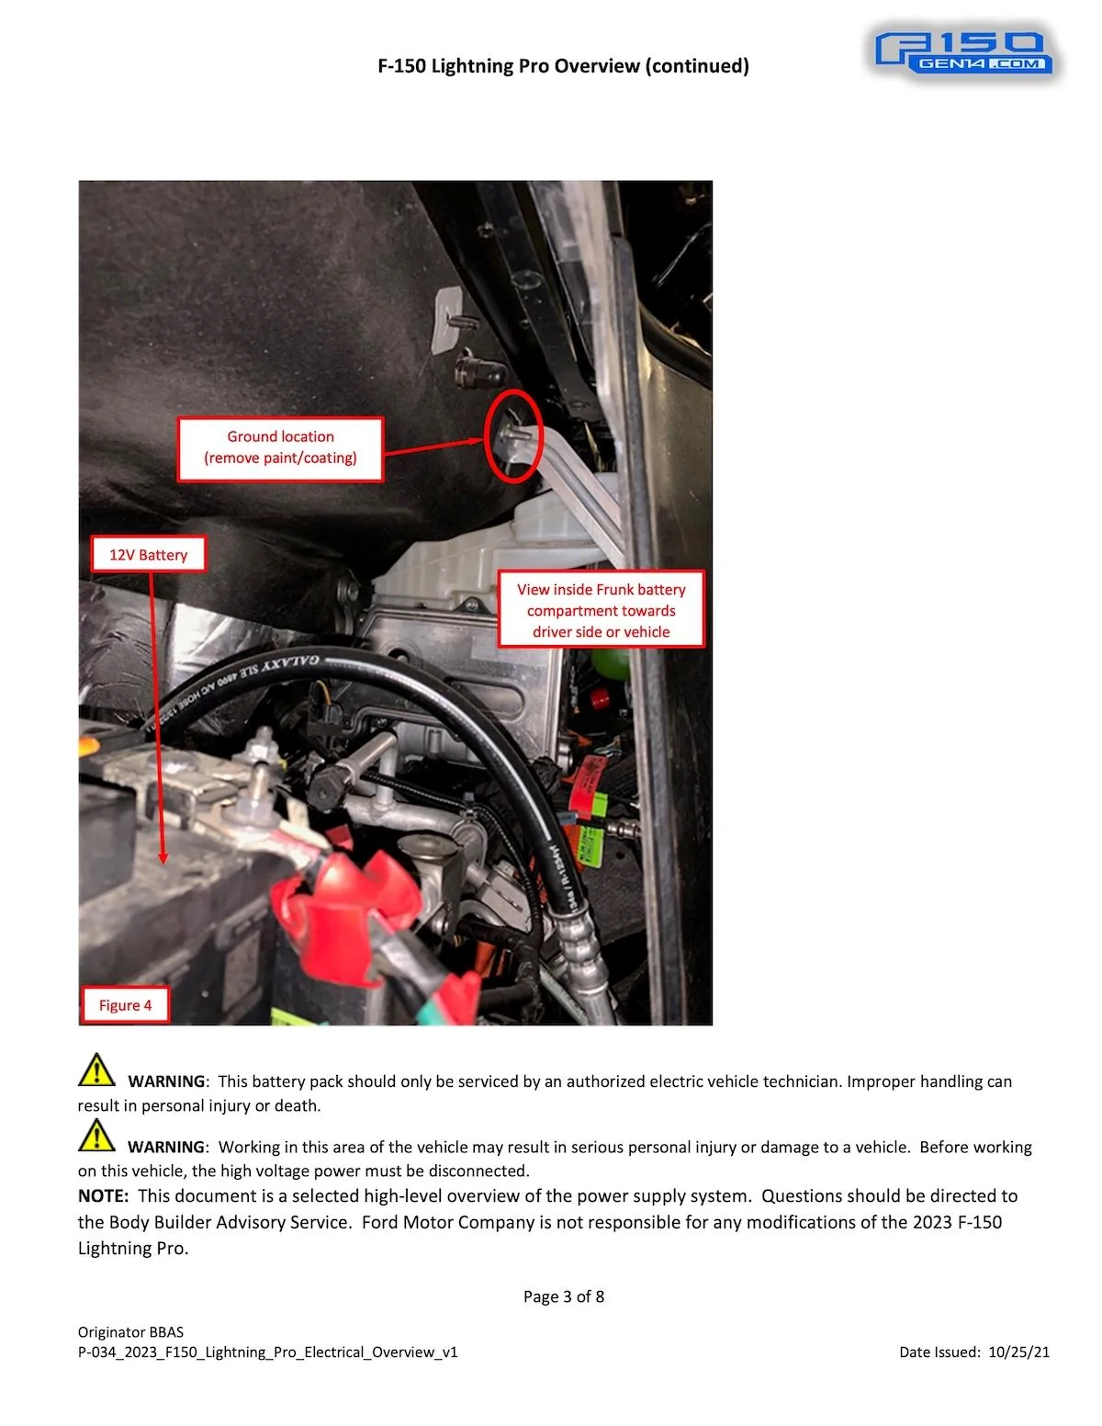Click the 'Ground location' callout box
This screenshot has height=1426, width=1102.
280,448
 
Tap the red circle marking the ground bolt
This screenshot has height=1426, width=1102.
513,436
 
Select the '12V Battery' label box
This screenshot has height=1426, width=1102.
148,555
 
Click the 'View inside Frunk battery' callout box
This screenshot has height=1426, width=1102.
602,610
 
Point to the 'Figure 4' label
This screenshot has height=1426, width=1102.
126,1005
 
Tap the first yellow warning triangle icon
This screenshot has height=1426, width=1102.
96,1070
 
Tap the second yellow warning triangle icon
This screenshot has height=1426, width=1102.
96,1136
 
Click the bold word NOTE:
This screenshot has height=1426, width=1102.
103,1196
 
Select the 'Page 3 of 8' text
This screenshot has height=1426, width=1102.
564,1296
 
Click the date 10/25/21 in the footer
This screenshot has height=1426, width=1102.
1018,1352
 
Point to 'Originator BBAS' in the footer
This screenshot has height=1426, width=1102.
130,1331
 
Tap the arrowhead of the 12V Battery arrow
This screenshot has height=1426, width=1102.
163,858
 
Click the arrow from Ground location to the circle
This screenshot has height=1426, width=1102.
432,447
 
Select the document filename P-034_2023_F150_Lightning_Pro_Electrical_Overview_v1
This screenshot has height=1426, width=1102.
267,1352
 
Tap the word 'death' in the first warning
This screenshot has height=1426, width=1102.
296,1105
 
